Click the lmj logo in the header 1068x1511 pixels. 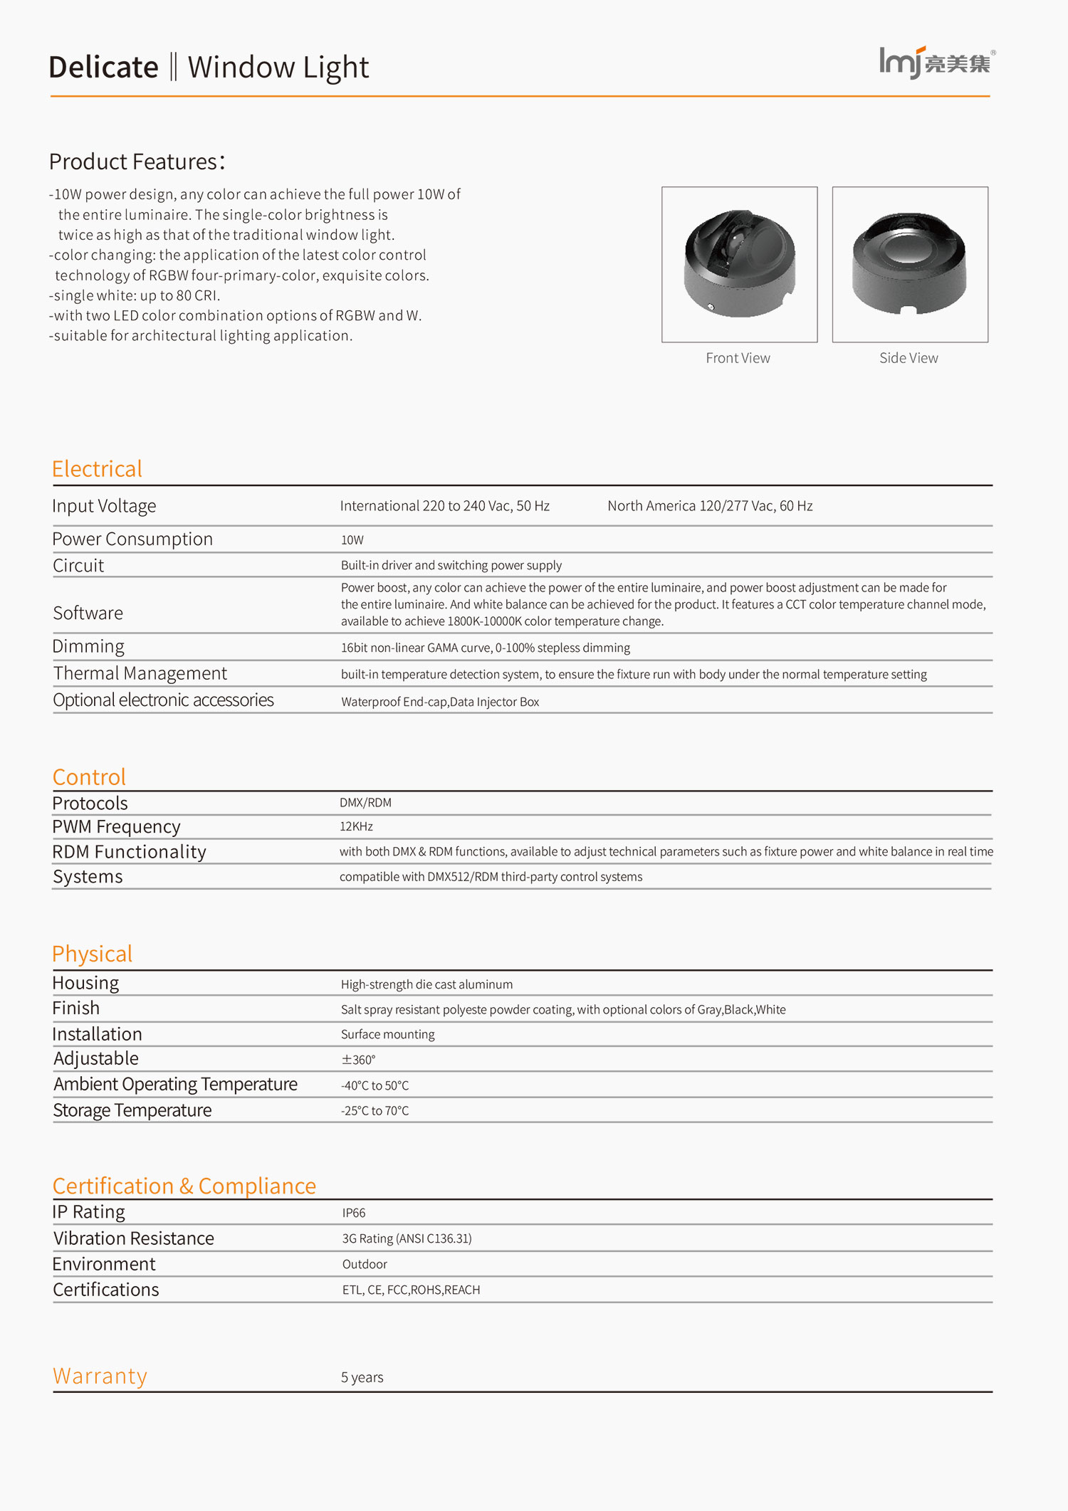[936, 63]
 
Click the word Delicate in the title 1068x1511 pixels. [104, 68]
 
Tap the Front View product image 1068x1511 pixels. [739, 264]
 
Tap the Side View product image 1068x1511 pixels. [910, 264]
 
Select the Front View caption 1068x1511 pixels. [738, 358]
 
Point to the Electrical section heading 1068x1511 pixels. [97, 469]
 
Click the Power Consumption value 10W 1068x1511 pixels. [352, 540]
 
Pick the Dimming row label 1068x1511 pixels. [88, 646]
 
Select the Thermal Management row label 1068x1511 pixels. [140, 673]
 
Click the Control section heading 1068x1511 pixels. [89, 776]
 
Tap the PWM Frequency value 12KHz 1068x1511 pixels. [356, 826]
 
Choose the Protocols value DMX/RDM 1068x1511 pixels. [365, 802]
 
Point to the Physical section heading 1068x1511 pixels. [93, 954]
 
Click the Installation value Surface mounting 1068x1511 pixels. [387, 1034]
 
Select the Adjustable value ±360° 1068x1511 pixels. [358, 1060]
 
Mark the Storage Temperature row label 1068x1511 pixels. [132, 1110]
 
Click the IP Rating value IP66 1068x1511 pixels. [354, 1213]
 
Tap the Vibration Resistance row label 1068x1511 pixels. [134, 1238]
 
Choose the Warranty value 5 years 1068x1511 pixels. [362, 1377]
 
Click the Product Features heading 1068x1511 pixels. [137, 162]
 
